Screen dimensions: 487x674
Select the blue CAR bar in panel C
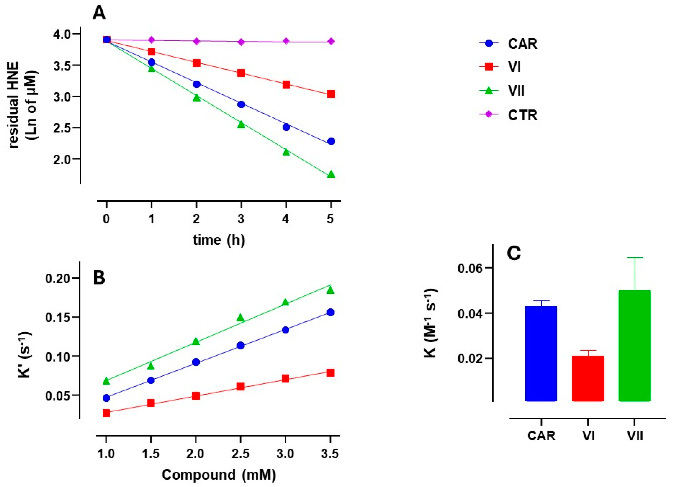click(x=541, y=354)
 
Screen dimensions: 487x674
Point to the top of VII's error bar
click(x=634, y=258)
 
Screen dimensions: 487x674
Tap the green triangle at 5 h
click(x=331, y=175)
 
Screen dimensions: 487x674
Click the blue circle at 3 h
click(x=241, y=104)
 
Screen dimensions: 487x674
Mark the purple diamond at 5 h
click(x=331, y=42)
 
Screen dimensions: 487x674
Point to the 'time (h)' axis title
click(x=219, y=240)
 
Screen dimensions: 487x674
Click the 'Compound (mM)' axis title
click(x=219, y=475)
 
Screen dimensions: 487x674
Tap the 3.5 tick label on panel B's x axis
click(x=330, y=454)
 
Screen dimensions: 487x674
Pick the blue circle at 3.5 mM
click(x=330, y=312)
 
